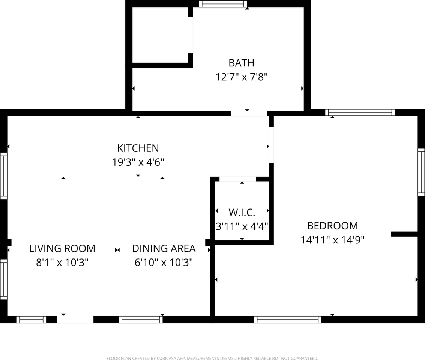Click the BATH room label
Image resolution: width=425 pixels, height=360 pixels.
(241, 63)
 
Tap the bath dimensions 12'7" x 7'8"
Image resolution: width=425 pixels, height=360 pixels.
(241, 77)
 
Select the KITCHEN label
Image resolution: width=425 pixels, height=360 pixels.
(138, 148)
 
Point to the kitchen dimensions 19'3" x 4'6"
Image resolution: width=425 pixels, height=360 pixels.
(138, 162)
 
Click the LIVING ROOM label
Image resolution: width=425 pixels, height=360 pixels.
(62, 248)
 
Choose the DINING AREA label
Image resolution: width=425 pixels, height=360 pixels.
(164, 248)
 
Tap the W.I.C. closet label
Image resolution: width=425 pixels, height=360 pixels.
(242, 213)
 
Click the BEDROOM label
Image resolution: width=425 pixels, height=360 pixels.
(332, 226)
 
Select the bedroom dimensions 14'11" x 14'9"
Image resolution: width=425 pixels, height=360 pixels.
(332, 240)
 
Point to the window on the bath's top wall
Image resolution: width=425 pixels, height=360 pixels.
(223, 4)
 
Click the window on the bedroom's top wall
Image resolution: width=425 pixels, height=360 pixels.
(360, 112)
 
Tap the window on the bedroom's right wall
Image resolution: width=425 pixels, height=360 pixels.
(421, 172)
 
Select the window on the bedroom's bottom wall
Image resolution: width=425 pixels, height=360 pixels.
(288, 319)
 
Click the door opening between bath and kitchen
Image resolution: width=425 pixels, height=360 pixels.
(249, 114)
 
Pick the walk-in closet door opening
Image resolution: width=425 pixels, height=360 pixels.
(237, 179)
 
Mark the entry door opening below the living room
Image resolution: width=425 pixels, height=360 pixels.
(75, 319)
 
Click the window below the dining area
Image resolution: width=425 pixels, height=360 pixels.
(141, 319)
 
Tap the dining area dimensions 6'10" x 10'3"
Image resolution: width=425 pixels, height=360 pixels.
(164, 262)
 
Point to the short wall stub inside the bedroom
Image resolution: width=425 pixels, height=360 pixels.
(404, 234)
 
